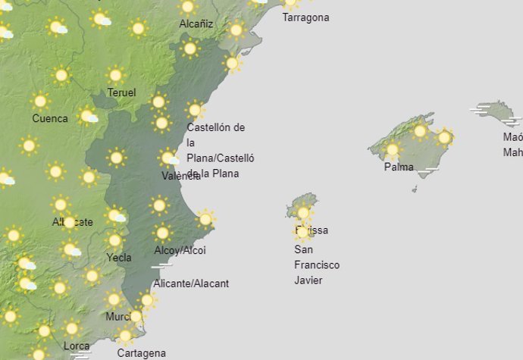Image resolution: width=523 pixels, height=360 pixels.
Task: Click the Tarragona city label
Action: pyautogui.click(x=305, y=17)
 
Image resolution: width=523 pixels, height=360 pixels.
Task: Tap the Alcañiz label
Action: pyautogui.click(x=196, y=24)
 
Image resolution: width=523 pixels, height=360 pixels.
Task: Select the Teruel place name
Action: pyautogui.click(x=121, y=92)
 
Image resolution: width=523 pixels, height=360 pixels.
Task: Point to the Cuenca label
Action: pyautogui.click(x=50, y=118)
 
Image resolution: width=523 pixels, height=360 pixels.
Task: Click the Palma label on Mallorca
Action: pyautogui.click(x=399, y=167)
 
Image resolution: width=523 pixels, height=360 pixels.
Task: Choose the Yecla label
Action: pyautogui.click(x=119, y=257)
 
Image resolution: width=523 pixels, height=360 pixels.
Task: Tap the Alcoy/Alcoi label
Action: pyautogui.click(x=180, y=250)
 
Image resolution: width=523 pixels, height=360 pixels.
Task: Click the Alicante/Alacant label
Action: pyautogui.click(x=191, y=283)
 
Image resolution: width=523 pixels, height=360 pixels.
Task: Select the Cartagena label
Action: pyautogui.click(x=141, y=353)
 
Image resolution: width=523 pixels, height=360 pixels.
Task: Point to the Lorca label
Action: pyautogui.click(x=76, y=346)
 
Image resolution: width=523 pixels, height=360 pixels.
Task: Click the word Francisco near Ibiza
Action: pyautogui.click(x=317, y=265)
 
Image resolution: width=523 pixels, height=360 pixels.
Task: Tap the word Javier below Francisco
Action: pyautogui.click(x=308, y=280)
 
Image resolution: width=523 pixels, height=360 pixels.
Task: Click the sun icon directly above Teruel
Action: pyautogui.click(x=115, y=75)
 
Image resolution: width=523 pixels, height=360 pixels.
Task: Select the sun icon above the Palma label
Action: pyautogui.click(x=392, y=149)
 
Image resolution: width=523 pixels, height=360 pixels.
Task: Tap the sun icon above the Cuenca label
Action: pyautogui.click(x=40, y=101)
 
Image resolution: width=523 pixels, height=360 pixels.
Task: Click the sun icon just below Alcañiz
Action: pyautogui.click(x=189, y=49)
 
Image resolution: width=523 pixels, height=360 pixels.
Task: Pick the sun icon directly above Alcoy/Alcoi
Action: pyautogui.click(x=162, y=233)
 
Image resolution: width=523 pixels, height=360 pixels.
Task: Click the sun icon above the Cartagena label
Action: pyautogui.click(x=125, y=335)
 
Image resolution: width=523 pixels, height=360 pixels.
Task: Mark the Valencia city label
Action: pyautogui.click(x=181, y=176)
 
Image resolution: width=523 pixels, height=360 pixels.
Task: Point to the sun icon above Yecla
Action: pyautogui.click(x=114, y=240)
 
